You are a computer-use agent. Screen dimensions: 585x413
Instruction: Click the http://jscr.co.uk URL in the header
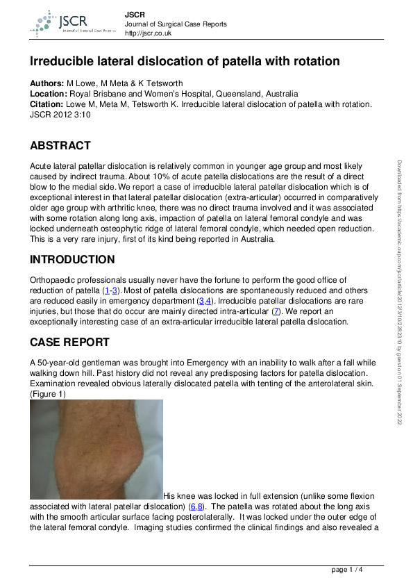pyautogui.click(x=149, y=33)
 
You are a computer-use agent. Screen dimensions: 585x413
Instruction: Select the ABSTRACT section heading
pyautogui.click(x=60, y=146)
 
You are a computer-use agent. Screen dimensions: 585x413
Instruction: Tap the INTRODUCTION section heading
pyautogui.click(x=72, y=260)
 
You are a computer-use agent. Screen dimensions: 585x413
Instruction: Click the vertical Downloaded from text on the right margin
pyautogui.click(x=400, y=292)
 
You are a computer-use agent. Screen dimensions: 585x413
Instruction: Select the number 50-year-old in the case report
pyautogui.click(x=65, y=363)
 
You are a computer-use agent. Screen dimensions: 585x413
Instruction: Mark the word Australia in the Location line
pyautogui.click(x=276, y=94)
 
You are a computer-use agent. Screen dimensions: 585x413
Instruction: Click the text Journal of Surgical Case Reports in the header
pyautogui.click(x=176, y=24)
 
